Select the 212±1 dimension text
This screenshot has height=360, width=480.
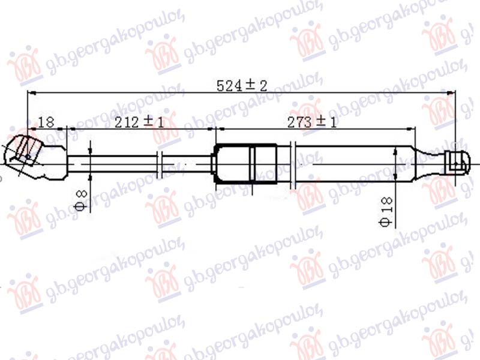pyautogui.click(x=139, y=122)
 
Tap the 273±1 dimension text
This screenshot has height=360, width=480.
pyautogui.click(x=312, y=122)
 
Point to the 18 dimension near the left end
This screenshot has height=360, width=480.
pyautogui.click(x=46, y=122)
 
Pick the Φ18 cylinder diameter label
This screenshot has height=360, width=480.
pyautogui.click(x=387, y=212)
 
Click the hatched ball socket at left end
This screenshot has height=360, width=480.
pyautogui.click(x=27, y=150)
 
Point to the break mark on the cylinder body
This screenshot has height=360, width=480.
pyautogui.click(x=293, y=162)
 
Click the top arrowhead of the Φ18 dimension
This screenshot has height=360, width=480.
pyautogui.click(x=395, y=150)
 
